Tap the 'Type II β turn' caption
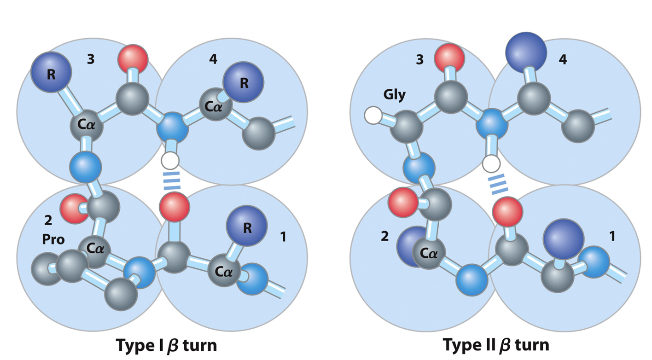[496, 344]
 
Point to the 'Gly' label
[395, 95]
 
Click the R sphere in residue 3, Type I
[51, 74]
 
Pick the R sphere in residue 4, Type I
[244, 83]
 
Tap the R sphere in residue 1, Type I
[247, 227]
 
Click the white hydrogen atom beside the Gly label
[373, 115]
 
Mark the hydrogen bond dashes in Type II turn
[499, 184]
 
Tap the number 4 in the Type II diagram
[563, 60]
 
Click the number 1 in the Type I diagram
[283, 237]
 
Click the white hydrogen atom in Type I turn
[169, 161]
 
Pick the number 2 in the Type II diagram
[384, 236]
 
